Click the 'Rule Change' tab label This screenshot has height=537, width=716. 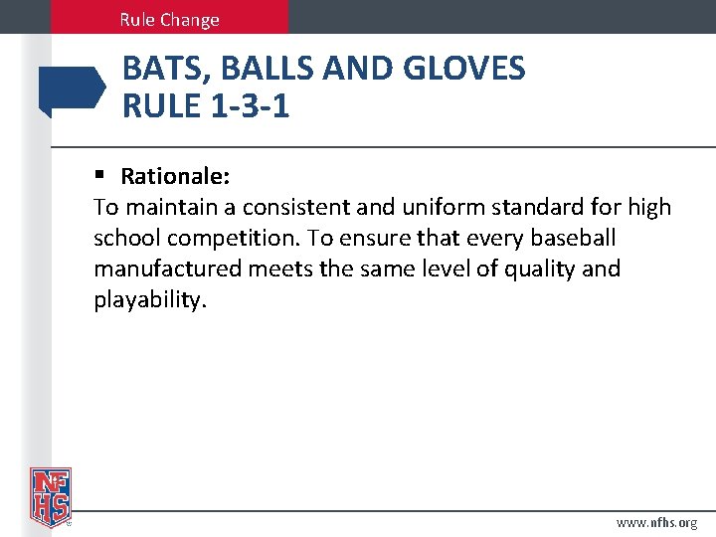tap(169, 19)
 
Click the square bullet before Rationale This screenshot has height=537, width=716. tap(99, 176)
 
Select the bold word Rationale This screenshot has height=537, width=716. tap(176, 177)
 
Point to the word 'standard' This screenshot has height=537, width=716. tap(539, 208)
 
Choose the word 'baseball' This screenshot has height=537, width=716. tap(575, 239)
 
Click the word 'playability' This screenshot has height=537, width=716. tap(150, 299)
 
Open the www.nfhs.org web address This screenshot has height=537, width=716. tap(656, 522)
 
